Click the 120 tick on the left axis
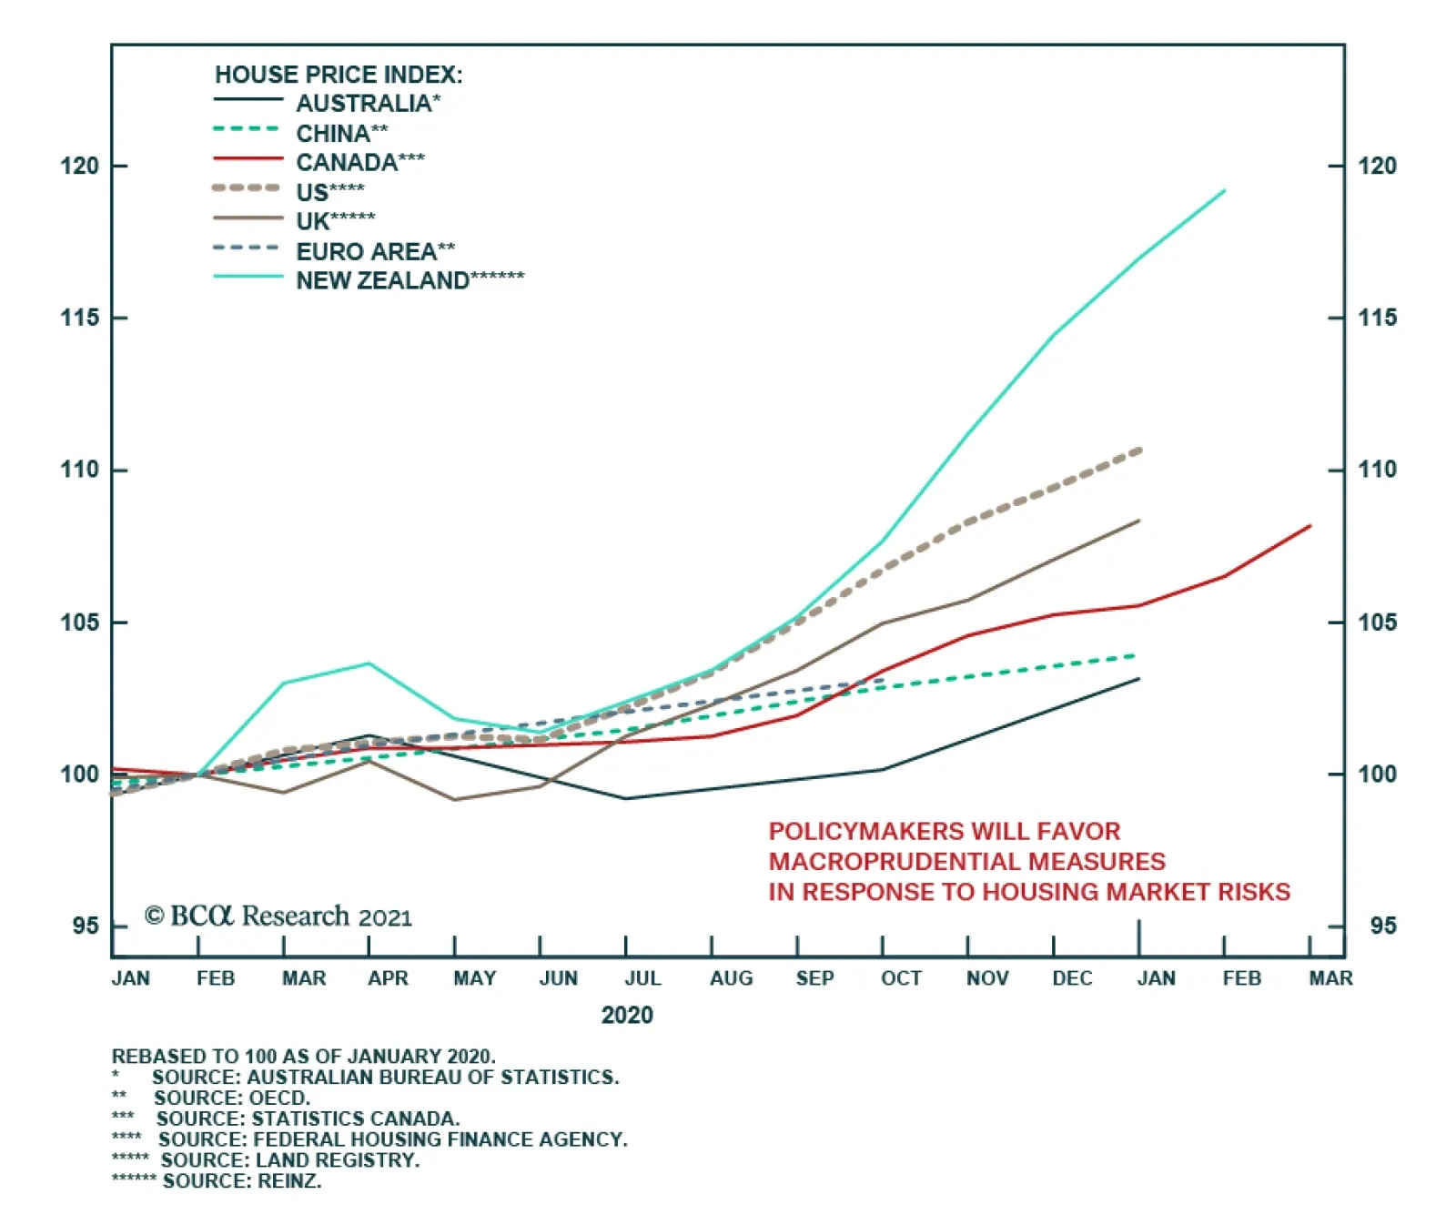pos(79,166)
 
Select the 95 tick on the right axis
pos(1381,926)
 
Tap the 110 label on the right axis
pos(1377,470)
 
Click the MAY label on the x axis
pos(474,978)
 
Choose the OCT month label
pos(901,978)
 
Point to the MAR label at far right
pos(1330,978)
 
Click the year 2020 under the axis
pos(627,1015)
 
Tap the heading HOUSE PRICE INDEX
pos(339,75)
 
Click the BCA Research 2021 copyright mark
pos(278,916)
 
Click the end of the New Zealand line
pos(1225,191)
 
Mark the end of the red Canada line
pos(1309,526)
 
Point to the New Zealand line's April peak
pos(369,663)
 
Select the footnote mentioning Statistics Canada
pos(308,1119)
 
